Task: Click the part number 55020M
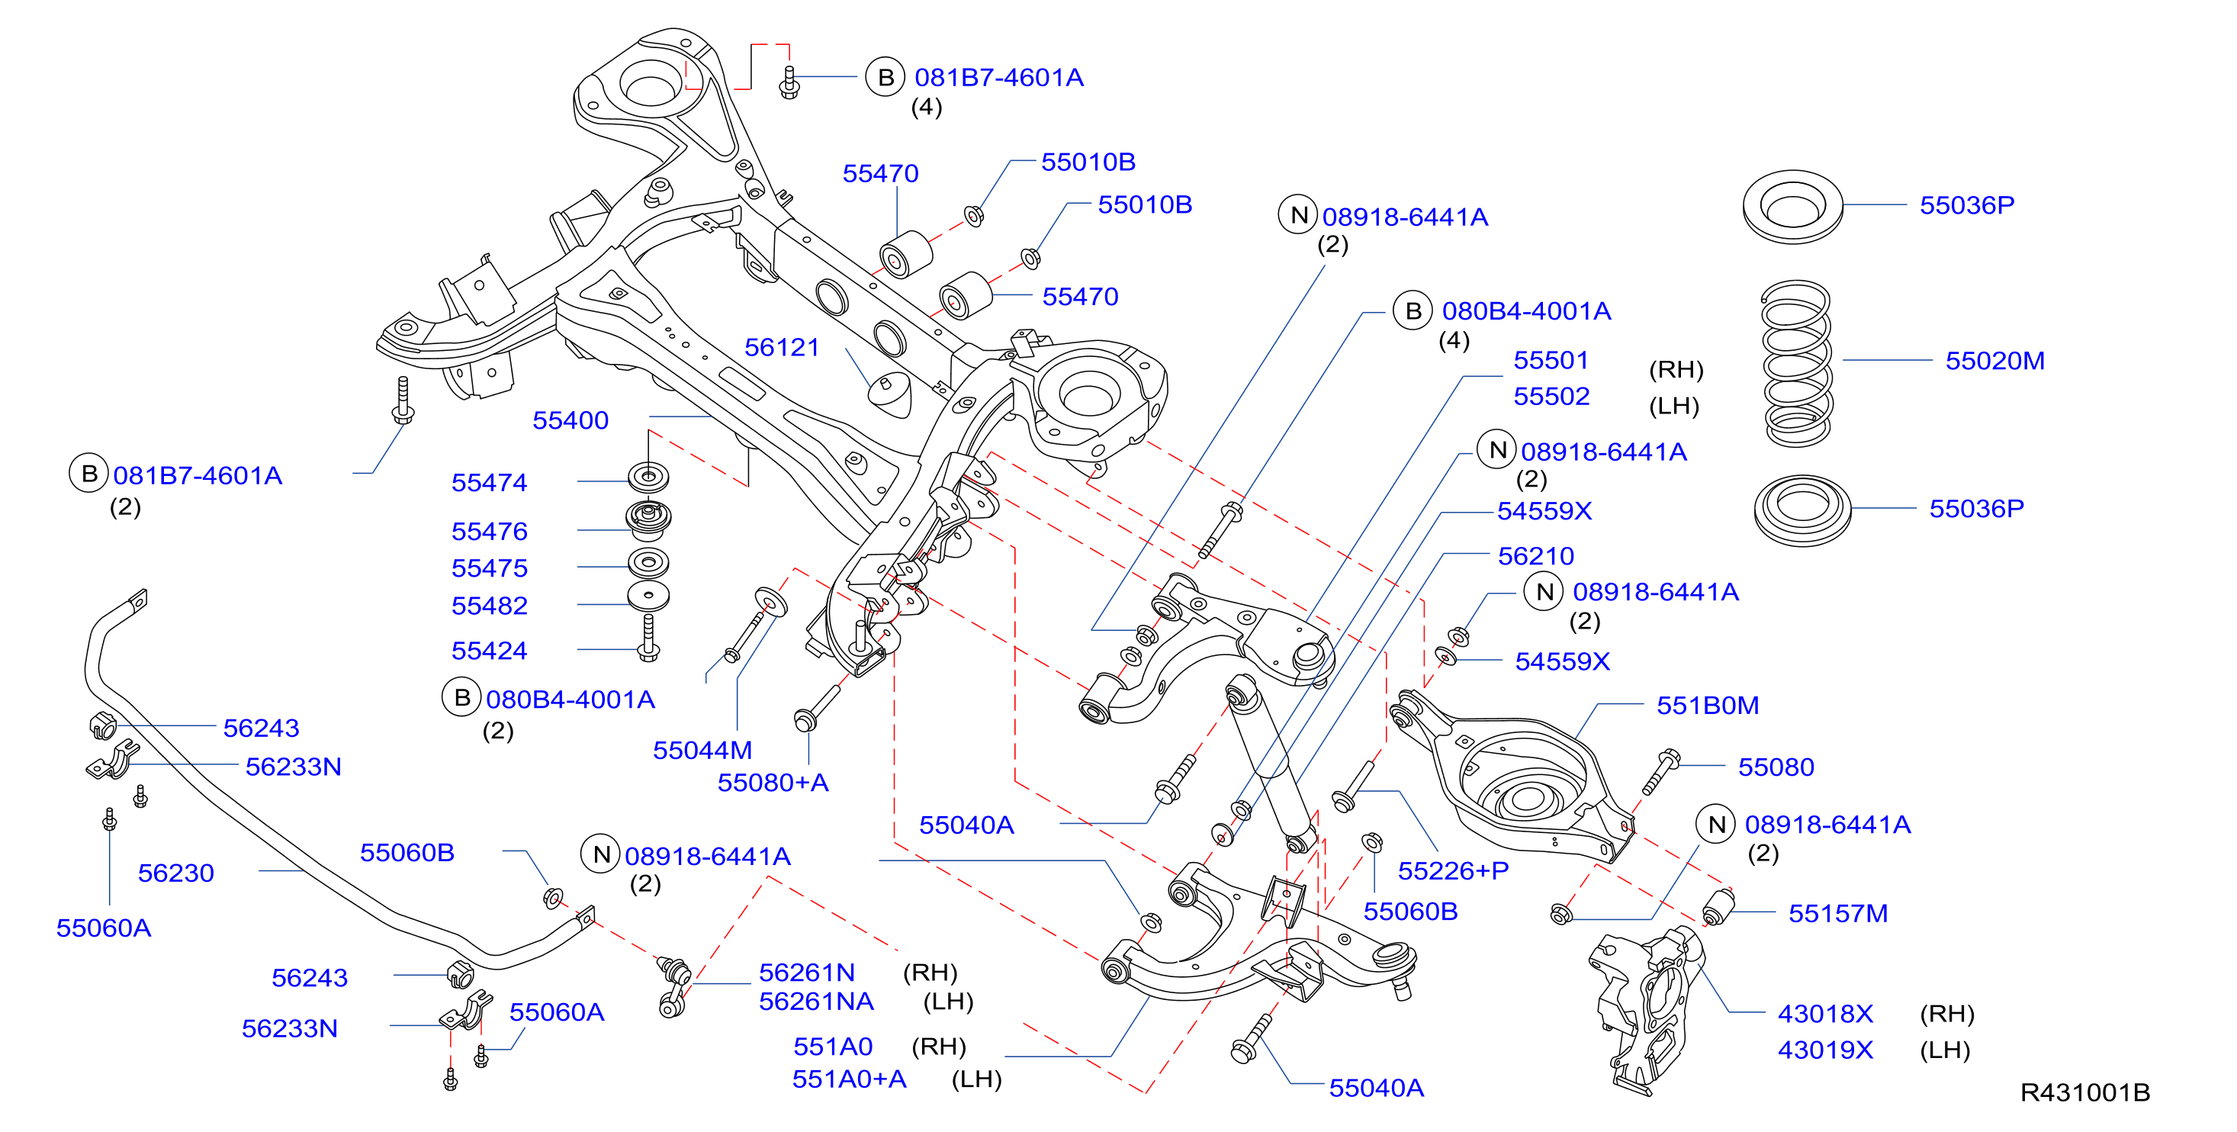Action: (1994, 361)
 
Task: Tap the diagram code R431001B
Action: (2085, 1092)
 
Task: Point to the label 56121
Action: (782, 348)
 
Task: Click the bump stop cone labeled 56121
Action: (891, 394)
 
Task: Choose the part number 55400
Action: (570, 420)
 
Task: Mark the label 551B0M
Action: (1707, 706)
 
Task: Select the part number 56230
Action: (175, 873)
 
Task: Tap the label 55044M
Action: (702, 750)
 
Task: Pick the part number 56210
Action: (1535, 556)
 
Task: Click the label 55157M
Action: (1837, 913)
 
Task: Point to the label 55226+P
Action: (1453, 870)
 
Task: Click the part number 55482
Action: (489, 606)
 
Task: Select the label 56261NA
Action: (815, 1002)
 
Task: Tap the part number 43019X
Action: (1824, 1050)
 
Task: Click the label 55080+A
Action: (772, 783)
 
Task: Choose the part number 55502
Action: (1551, 396)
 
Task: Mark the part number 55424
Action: (489, 651)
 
